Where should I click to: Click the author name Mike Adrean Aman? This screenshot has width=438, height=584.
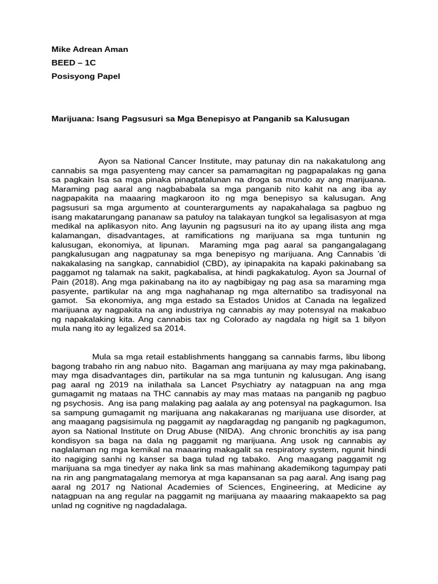(x=90, y=49)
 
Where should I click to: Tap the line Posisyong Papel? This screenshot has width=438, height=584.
(x=86, y=76)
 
